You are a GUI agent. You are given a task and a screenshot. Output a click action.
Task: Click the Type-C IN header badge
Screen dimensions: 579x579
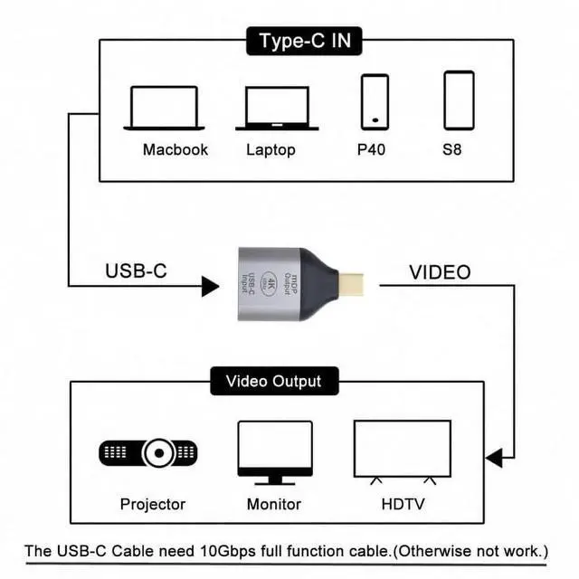coord(305,41)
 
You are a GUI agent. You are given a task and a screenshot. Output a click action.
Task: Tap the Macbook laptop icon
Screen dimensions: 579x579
coord(163,108)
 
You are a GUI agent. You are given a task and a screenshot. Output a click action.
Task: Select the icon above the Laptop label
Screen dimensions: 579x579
coord(277,109)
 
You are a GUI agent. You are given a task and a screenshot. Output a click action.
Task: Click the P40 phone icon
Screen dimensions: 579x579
coord(375,101)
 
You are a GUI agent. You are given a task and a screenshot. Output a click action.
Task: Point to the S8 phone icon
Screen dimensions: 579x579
coord(459,100)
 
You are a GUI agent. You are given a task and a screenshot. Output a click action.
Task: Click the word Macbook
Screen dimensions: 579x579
coord(176,149)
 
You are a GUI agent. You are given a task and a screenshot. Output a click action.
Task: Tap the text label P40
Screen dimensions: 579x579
coord(371,149)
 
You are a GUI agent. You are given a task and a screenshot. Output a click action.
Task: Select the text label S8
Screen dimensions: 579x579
coord(452,149)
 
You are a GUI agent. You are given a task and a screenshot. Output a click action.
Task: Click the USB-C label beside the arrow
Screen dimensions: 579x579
coord(137,271)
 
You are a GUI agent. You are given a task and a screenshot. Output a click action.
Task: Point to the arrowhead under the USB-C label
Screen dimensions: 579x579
coord(210,287)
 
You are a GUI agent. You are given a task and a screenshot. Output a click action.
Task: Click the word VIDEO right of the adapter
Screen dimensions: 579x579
coord(440,272)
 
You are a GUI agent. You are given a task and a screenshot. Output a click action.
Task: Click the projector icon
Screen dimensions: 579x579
coord(148,451)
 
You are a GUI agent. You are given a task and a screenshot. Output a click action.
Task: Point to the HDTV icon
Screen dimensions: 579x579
coord(402,450)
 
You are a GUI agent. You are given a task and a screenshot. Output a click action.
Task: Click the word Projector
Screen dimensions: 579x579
coord(152,504)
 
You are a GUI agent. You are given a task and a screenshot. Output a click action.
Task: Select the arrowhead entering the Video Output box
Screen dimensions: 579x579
coord(495,459)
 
